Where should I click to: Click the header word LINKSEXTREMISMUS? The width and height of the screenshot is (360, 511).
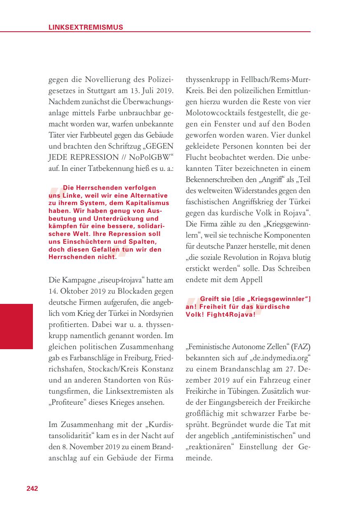[x=86, y=28]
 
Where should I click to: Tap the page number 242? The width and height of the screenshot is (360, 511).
[x=32, y=488]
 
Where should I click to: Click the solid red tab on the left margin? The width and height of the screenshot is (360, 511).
[x=16, y=326]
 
